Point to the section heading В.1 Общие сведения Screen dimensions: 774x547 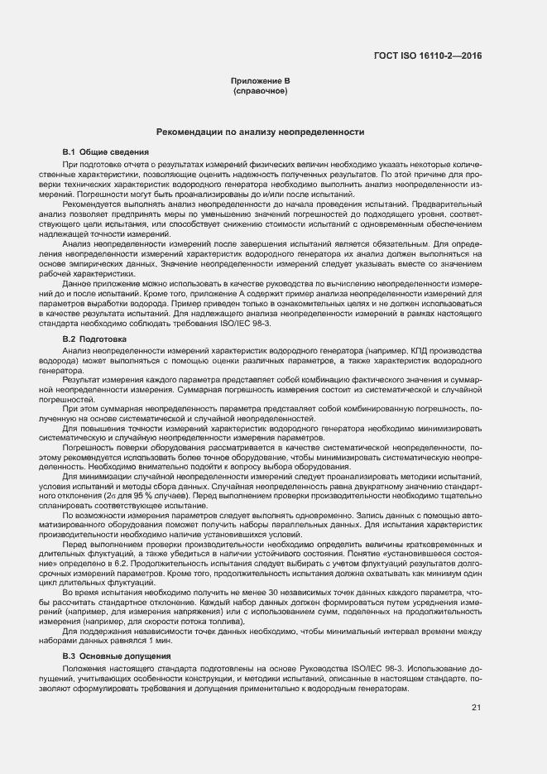[106, 153]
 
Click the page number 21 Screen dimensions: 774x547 [476, 706]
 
